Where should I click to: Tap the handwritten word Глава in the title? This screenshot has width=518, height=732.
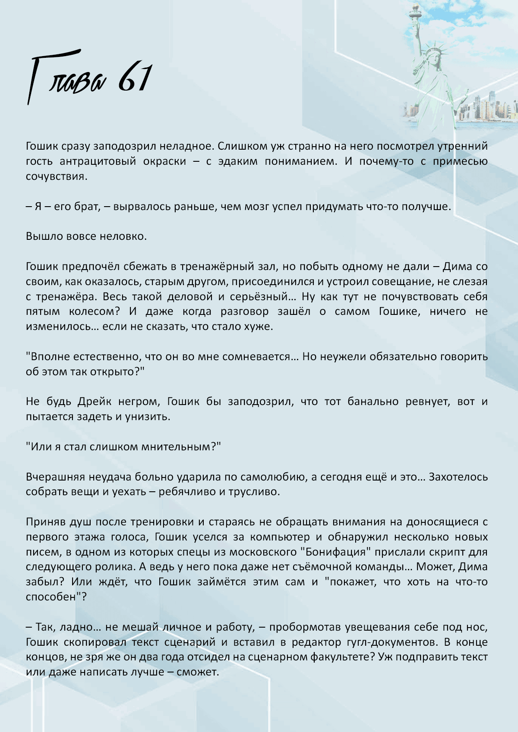(x=67, y=78)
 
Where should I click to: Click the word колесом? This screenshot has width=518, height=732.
(x=92, y=311)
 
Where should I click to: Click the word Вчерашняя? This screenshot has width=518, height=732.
(x=55, y=477)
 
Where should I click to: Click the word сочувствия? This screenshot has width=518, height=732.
(x=56, y=176)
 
